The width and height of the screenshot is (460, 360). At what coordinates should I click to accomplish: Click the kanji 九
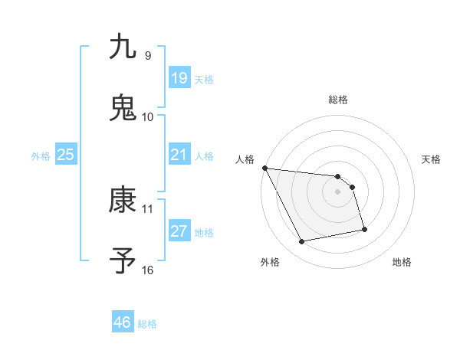pos(123,47)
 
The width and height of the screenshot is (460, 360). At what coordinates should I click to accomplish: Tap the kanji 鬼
pos(123,108)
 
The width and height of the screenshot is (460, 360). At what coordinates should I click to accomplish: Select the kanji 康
pos(123,200)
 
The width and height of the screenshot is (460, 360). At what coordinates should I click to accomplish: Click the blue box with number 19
pos(179,78)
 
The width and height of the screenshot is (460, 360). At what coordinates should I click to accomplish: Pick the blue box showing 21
pos(179,155)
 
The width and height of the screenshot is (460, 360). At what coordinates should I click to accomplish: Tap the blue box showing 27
pos(179,231)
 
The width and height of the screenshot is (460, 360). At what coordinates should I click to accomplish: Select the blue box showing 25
pos(65,155)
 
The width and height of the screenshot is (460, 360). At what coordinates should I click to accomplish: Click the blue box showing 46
pos(122,322)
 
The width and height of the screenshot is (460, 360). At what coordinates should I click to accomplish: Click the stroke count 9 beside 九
pos(147,55)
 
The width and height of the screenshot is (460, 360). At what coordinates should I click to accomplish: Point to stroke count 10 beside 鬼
pos(148,116)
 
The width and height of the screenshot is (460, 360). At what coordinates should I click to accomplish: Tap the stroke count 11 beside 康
pos(148,208)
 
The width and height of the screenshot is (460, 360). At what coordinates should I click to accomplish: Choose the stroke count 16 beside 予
pos(148,270)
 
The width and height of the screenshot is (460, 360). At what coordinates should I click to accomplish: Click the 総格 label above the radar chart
pos(338,100)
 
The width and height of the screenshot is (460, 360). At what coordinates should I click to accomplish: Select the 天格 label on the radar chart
pos(432,159)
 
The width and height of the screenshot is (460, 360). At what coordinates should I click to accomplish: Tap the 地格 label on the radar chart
pos(402,262)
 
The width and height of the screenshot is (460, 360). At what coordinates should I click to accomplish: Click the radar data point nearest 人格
pos(265,168)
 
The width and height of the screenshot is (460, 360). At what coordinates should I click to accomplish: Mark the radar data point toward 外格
pos(302,242)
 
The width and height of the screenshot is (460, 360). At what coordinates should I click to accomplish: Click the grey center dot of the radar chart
pos(338,191)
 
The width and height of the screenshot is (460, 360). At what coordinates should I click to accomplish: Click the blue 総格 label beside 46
pos(147,324)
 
